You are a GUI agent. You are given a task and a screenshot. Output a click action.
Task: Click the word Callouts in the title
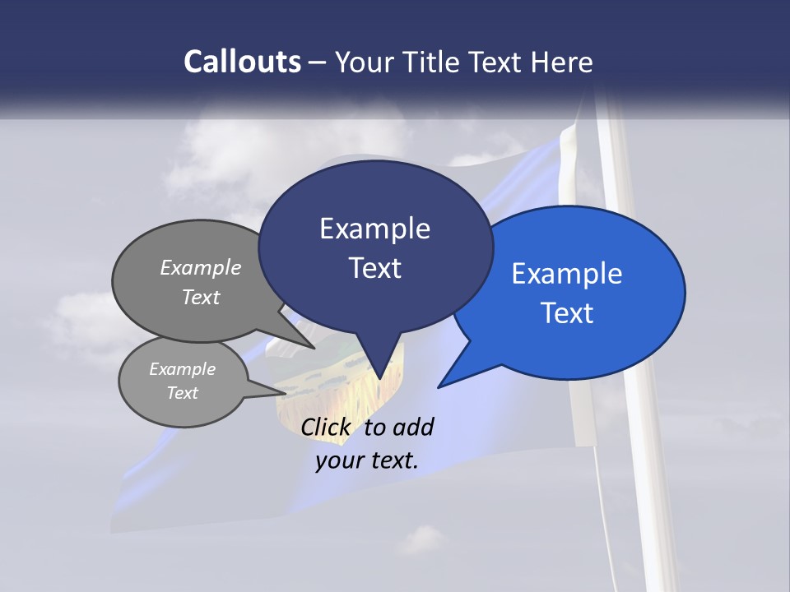tap(242, 62)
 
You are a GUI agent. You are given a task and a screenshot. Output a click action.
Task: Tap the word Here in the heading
tap(563, 62)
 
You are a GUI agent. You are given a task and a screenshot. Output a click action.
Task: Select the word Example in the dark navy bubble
tap(374, 229)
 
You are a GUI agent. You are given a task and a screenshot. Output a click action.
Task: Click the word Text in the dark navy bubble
tap(374, 268)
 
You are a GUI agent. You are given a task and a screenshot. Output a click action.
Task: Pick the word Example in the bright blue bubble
tap(567, 273)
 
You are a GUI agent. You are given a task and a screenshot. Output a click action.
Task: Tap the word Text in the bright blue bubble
tap(567, 313)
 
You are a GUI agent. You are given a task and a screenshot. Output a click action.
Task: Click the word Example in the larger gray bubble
tap(201, 267)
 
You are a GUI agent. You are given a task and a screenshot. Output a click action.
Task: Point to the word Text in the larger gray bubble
tap(201, 297)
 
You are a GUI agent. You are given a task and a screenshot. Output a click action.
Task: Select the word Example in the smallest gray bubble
tap(182, 369)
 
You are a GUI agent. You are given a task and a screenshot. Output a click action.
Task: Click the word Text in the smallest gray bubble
tap(182, 393)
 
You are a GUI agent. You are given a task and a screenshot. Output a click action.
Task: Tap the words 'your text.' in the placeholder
tap(367, 460)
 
